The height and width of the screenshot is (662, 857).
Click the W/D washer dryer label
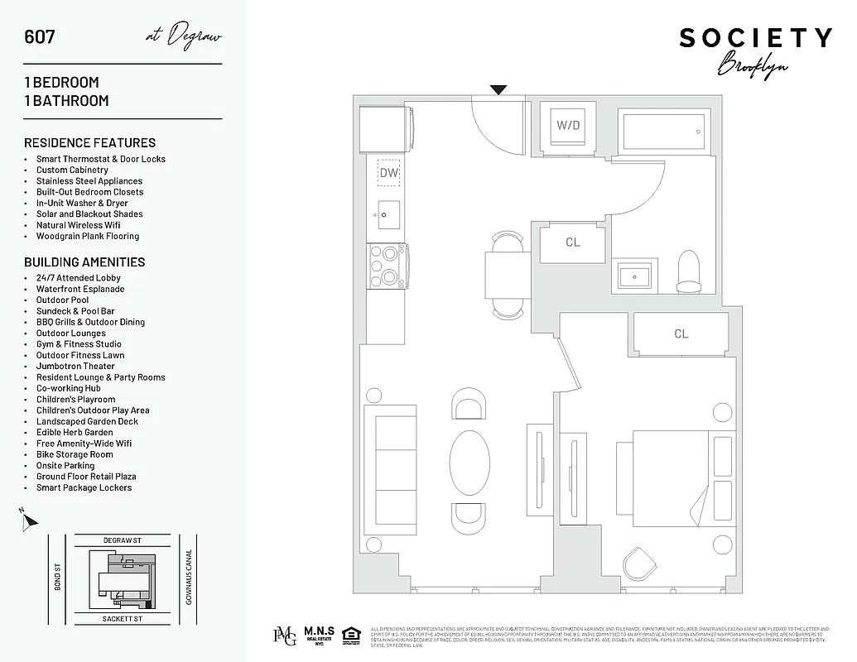pos(567,126)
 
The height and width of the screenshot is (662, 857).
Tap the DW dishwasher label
pos(388,173)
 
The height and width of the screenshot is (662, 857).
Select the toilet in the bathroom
pos(688,272)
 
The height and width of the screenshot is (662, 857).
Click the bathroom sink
pos(636,274)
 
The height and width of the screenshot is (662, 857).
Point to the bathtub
pos(664,130)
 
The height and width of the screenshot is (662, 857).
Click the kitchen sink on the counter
pos(388,214)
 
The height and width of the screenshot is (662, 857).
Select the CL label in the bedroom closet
pos(681,334)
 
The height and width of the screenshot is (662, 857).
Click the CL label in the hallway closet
pos(573,242)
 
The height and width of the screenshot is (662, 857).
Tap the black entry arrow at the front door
pos(498,90)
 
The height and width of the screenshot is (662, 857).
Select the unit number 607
pos(40,36)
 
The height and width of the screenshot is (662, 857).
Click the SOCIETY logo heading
pos(755,38)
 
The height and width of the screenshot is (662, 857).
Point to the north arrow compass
pos(29,520)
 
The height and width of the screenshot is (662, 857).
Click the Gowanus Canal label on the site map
pos(189,577)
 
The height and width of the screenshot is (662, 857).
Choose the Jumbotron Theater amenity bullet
pos(75,366)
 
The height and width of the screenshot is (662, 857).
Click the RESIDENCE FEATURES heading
pos(89,142)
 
